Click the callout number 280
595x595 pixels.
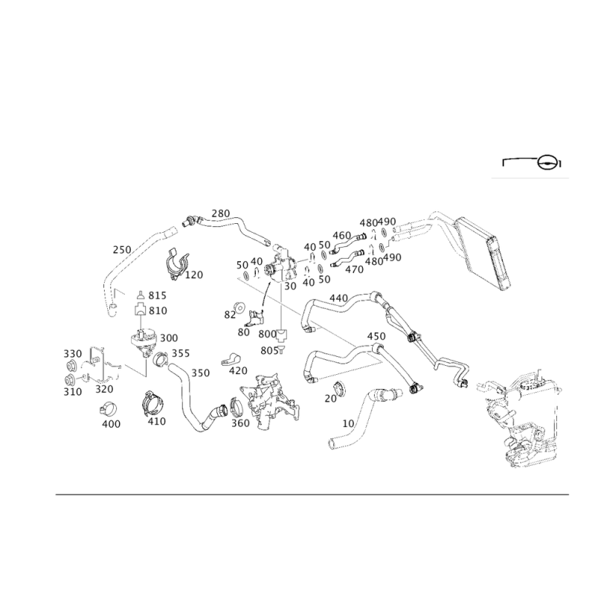coord(220,213)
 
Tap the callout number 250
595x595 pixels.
coord(122,250)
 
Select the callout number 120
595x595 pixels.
coord(194,274)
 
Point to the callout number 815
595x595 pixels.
coord(157,295)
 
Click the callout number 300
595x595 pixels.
coord(169,338)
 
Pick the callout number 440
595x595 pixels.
coord(338,298)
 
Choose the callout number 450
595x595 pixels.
coord(376,336)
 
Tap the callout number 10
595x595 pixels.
coord(348,423)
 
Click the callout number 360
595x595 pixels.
coord(240,422)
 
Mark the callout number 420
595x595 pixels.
coord(238,370)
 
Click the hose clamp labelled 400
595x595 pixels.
coord(108,409)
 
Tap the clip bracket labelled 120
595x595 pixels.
coord(176,265)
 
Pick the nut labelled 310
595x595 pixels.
coord(70,380)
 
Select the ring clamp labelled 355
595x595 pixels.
coord(161,359)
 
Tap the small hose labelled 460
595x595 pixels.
coord(347,243)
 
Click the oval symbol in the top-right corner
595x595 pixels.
coord(546,162)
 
